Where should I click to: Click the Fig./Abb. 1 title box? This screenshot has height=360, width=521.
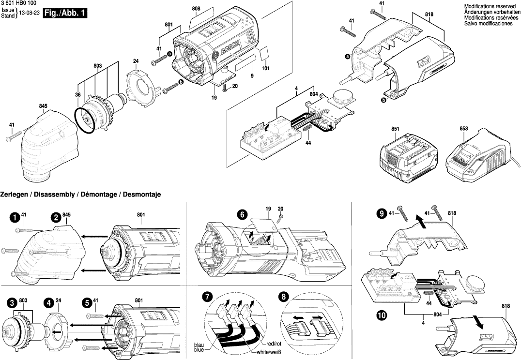(65, 14)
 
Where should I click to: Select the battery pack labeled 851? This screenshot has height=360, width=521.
(410, 154)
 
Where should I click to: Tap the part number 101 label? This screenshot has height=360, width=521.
(265, 68)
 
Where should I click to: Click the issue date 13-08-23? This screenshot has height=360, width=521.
(29, 14)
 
